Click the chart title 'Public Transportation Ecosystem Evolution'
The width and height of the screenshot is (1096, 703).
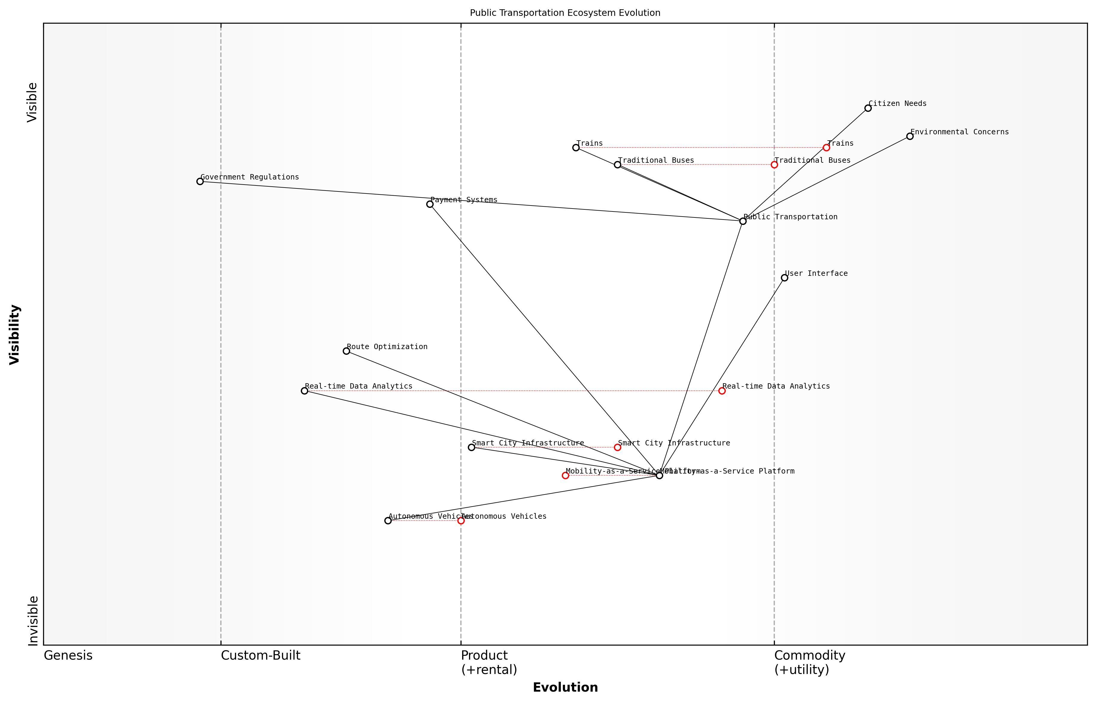(x=565, y=13)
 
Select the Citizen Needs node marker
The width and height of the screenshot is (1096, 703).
(x=868, y=108)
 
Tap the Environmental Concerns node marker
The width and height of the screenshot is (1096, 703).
(x=910, y=136)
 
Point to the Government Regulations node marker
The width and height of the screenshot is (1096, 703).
(x=200, y=182)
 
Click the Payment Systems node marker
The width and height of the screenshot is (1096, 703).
(x=430, y=204)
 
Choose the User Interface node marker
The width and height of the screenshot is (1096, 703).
(x=784, y=278)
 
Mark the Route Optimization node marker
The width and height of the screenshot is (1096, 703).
(x=346, y=351)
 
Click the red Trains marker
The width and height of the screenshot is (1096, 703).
(x=826, y=148)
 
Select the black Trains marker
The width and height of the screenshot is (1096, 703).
(x=576, y=148)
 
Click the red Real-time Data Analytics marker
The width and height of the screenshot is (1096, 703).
(x=722, y=391)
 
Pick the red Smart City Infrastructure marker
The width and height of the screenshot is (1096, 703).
(x=617, y=447)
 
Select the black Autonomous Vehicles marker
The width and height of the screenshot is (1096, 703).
(x=388, y=521)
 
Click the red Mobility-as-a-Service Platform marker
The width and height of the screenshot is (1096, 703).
(x=565, y=476)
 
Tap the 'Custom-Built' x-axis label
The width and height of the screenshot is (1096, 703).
(x=260, y=655)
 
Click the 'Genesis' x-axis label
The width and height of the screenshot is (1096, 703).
(x=68, y=655)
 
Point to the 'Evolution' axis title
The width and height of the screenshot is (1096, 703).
(x=565, y=687)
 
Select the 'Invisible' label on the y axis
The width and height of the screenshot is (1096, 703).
(x=33, y=620)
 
